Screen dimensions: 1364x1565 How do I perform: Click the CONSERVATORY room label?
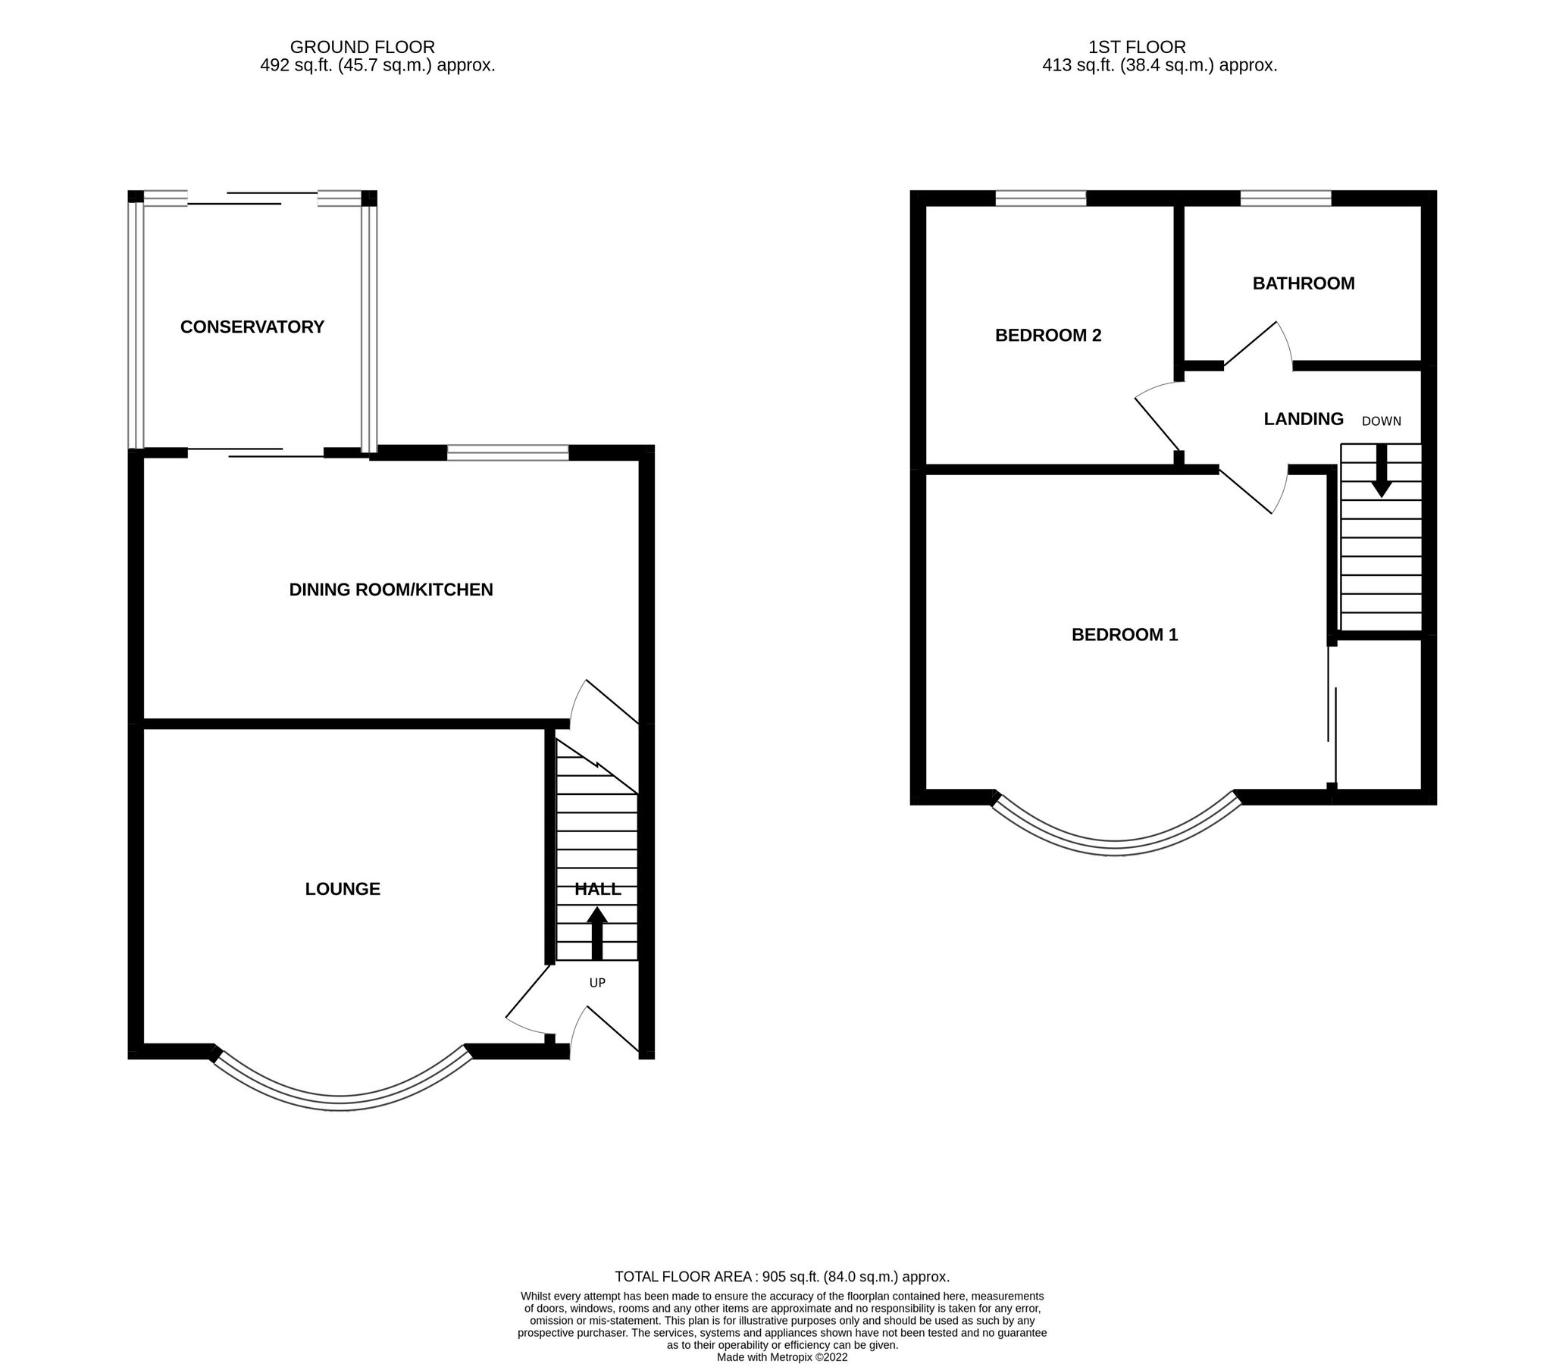click(x=252, y=327)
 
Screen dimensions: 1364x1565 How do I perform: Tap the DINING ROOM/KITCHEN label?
click(x=390, y=589)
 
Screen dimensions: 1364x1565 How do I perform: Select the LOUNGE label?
click(x=343, y=888)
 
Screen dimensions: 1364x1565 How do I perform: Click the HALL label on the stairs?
click(x=597, y=888)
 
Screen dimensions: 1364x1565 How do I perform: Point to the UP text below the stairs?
click(x=596, y=983)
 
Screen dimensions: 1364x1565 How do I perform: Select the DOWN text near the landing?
click(x=1381, y=421)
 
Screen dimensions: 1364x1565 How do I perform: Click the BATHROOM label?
click(x=1303, y=284)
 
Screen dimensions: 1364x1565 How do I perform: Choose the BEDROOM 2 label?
click(x=1048, y=335)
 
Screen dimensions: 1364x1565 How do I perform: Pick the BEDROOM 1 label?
click(x=1124, y=634)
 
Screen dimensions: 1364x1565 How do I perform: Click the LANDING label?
click(x=1303, y=418)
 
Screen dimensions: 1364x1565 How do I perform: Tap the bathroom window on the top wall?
click(x=1285, y=199)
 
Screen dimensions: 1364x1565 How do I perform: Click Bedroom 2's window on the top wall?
click(x=1040, y=199)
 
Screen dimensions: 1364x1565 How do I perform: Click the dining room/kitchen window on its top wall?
click(x=508, y=453)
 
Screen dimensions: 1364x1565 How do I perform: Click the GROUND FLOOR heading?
click(x=362, y=47)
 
